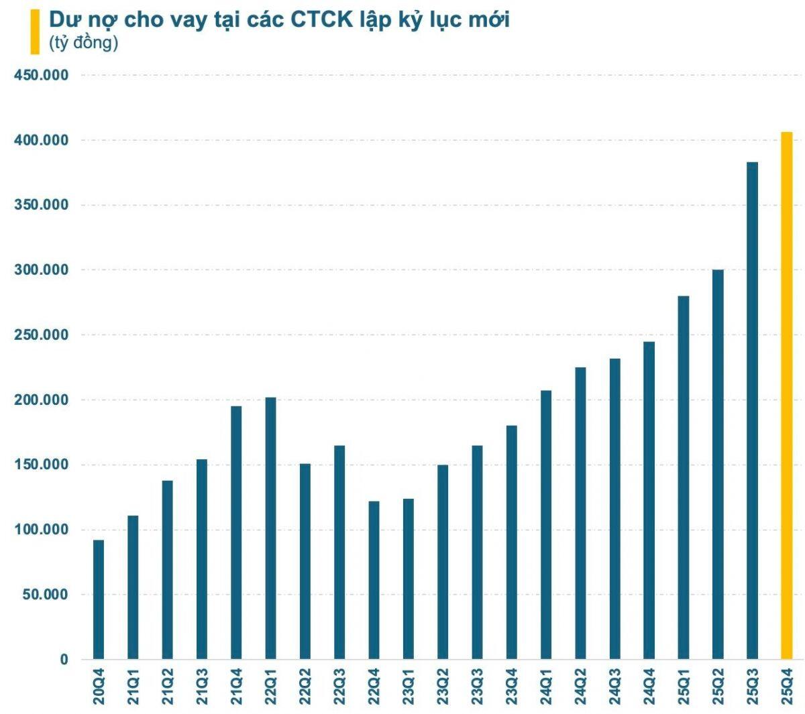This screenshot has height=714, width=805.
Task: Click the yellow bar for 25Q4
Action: [786, 396]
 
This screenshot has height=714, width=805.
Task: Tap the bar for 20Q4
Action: [99, 599]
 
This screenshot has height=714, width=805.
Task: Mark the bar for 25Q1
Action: [683, 477]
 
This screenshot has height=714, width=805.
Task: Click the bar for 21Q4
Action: [236, 532]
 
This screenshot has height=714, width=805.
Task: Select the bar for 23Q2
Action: [443, 562]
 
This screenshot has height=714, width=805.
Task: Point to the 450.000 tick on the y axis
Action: [42, 76]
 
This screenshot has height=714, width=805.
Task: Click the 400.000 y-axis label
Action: [42, 141]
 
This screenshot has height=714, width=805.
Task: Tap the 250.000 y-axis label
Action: [42, 335]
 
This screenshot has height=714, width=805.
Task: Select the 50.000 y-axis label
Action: [45, 595]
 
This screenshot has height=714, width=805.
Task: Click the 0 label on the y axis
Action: [64, 660]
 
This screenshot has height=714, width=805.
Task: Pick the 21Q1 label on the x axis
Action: [133, 687]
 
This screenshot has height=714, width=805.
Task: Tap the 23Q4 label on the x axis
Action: [512, 687]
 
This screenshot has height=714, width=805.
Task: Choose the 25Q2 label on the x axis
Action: [718, 687]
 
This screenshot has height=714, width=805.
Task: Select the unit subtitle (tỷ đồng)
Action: [83, 43]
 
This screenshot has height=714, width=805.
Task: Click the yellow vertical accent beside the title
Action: [34, 32]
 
